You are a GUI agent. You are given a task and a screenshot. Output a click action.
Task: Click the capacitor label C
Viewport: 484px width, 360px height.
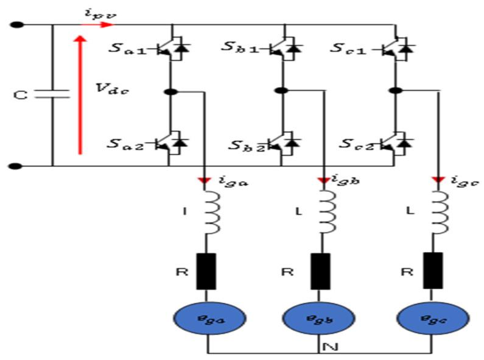20,96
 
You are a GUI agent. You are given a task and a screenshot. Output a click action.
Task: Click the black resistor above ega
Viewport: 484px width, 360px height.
206,271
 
